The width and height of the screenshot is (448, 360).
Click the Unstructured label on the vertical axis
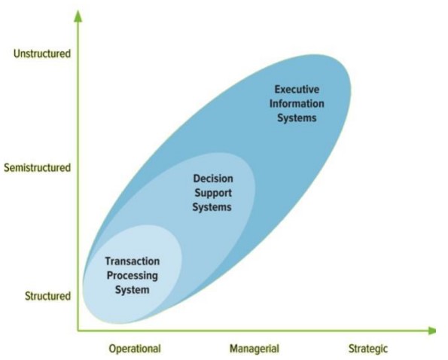42,53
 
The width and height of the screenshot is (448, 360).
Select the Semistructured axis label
37,167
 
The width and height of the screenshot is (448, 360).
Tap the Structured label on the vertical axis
47,296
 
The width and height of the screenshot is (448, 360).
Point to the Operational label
135,349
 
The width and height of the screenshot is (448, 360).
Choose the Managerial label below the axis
254,349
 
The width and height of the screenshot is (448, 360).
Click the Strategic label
368,349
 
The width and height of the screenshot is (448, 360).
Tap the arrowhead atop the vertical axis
78,16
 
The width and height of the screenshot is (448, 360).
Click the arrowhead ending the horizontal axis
432,331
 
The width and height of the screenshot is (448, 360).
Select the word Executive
297,90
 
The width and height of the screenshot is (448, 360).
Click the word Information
297,103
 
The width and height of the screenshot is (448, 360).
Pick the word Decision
213,178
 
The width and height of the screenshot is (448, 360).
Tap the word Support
213,193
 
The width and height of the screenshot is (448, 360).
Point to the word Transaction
133,261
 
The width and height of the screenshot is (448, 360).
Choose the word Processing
133,276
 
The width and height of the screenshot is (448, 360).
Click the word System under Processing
133,290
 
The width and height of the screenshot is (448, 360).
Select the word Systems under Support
212,207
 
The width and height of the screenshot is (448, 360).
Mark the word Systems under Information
297,118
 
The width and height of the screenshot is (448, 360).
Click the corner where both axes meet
78,331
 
